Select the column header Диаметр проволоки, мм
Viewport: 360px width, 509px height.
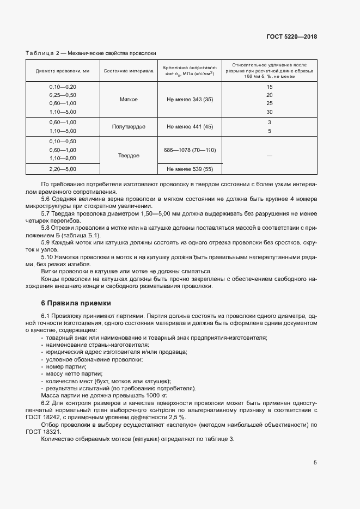coord(63,71)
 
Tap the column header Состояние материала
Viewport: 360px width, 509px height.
coord(129,71)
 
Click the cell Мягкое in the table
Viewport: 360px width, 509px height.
coord(129,100)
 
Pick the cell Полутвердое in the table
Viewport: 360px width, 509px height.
coord(129,126)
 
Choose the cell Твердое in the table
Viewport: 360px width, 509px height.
coord(129,155)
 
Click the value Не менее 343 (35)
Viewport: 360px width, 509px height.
coord(190,100)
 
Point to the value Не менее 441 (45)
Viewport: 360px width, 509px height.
coord(190,126)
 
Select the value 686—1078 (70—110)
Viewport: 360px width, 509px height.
coord(190,149)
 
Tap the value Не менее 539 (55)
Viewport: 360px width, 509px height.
coord(190,169)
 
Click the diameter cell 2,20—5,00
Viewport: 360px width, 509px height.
coord(63,169)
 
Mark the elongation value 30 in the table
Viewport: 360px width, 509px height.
coord(269,112)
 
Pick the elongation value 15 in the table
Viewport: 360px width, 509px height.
coord(269,87)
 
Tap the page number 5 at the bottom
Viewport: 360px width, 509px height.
coord(315,463)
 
